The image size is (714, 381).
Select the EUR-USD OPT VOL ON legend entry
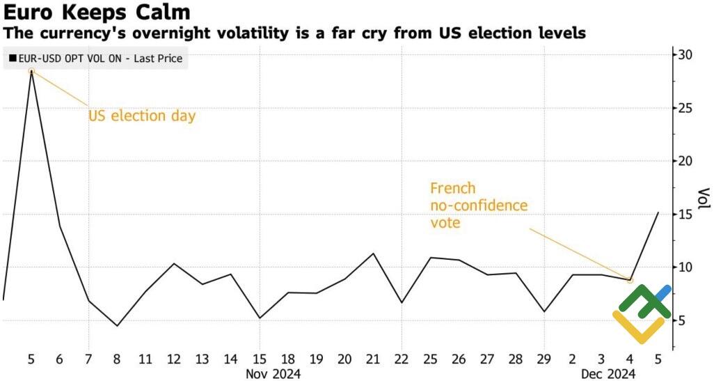pyautogui.click(x=95, y=59)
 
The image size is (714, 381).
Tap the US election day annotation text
pyautogui.click(x=142, y=116)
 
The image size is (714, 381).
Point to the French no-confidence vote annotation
pyautogui.click(x=479, y=205)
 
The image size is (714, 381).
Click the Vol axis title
pyautogui.click(x=704, y=198)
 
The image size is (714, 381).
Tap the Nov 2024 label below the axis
pyautogui.click(x=273, y=375)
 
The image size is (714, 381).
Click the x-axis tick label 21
pyautogui.click(x=373, y=359)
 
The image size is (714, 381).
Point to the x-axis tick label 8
pyautogui.click(x=117, y=359)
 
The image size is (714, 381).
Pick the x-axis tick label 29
pyautogui.click(x=544, y=359)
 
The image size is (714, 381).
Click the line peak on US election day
pyautogui.click(x=31, y=70)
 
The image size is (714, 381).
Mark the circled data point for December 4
pyautogui.click(x=630, y=280)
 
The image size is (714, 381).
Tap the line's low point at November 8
pyautogui.click(x=117, y=325)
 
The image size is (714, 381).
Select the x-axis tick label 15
pyautogui.click(x=259, y=359)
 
